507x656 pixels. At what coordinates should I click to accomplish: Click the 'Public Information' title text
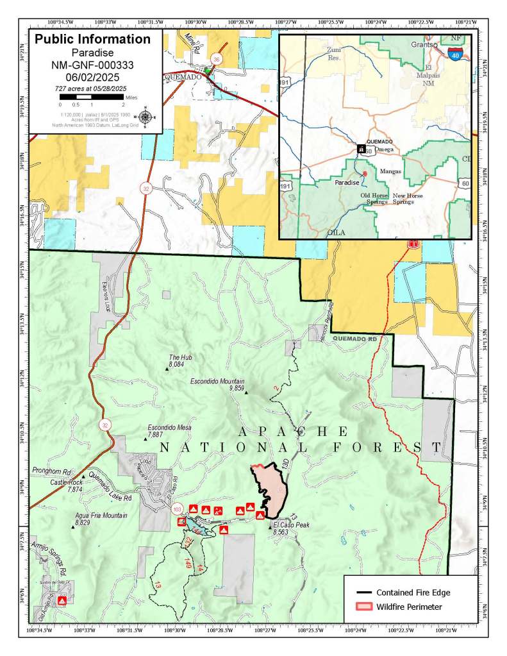[x=92, y=39]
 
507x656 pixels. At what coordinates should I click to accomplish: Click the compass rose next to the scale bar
[x=146, y=117]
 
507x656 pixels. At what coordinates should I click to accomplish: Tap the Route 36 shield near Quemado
[x=216, y=60]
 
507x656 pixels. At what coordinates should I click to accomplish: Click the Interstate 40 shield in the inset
[x=455, y=56]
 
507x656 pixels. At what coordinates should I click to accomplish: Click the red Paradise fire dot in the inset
[x=365, y=174]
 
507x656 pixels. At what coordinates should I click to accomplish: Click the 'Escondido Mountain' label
[x=218, y=381]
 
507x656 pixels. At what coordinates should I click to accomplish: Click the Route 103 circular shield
[x=177, y=509]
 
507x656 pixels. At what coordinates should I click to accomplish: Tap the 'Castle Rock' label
[x=66, y=482]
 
